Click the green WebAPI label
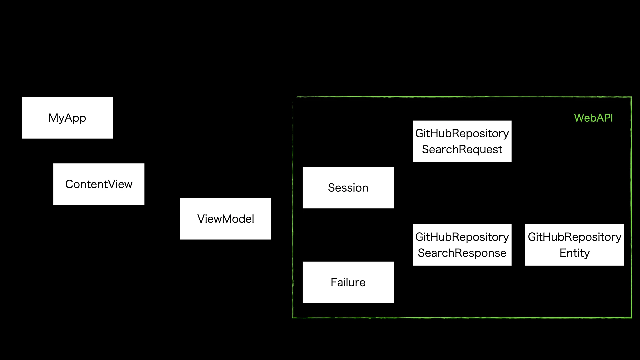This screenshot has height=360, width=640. coord(593,118)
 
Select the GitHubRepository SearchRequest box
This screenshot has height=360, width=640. coord(462,141)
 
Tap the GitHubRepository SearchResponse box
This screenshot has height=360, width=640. coord(462,245)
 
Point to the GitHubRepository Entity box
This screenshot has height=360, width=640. coord(574,245)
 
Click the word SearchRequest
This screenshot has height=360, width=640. coord(462,149)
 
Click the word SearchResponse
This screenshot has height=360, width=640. coord(462,253)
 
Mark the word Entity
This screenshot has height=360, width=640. coord(574,253)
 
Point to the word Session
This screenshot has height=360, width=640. coord(348,188)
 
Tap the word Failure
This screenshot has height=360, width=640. coord(348,282)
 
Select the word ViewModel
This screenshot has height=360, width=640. coord(225,219)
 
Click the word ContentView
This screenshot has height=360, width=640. coord(99,184)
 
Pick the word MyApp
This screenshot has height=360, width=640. coord(67,118)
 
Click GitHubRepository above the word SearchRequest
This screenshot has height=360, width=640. coord(462,133)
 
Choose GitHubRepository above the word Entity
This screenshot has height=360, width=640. coord(574,237)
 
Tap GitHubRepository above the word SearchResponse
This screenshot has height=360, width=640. coord(462,237)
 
